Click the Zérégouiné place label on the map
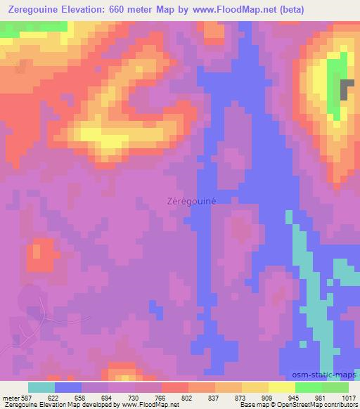tap(191, 200)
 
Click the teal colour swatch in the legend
tap(41, 387)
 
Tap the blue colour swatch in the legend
tap(68, 387)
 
